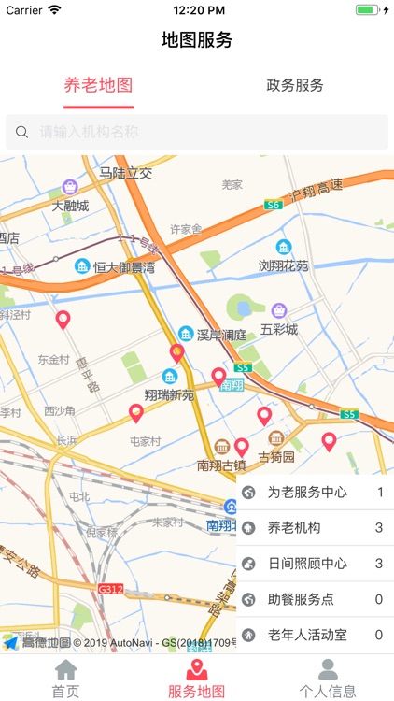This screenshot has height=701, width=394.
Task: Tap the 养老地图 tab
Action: pos(98,85)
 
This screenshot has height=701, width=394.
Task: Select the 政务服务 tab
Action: pos(295,85)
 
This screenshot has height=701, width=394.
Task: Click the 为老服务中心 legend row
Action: pos(315,493)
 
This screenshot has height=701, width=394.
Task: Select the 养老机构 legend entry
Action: pos(315,528)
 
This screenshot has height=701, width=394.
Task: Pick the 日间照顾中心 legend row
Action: pos(315,564)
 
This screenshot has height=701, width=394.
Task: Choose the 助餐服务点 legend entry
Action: pos(315,599)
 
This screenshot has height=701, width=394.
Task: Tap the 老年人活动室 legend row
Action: pos(315,635)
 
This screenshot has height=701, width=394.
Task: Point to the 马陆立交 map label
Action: pos(125,173)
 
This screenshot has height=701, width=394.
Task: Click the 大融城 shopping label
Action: pos(70,206)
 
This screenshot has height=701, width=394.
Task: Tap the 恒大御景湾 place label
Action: pos(124,266)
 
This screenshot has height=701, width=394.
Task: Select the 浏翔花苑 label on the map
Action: pos(283,265)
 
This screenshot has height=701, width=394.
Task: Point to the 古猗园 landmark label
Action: pos(275,457)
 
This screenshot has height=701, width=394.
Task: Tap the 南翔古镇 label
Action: pos(221,465)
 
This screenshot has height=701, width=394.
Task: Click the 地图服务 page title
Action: pos(197,40)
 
